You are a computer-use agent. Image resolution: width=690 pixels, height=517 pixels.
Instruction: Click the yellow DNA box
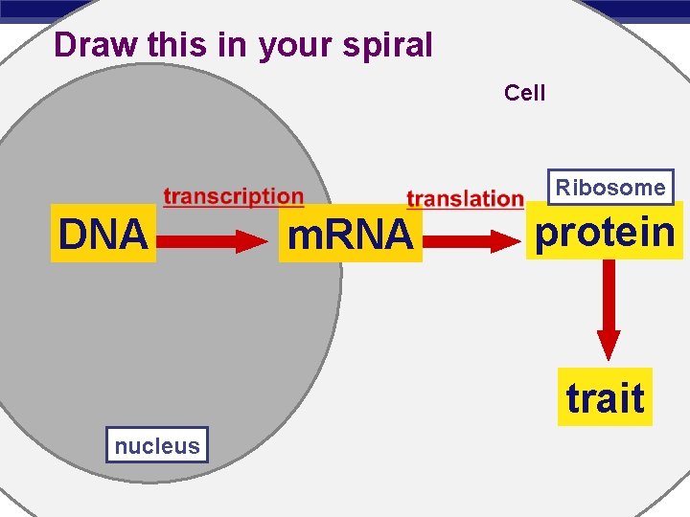(x=103, y=234)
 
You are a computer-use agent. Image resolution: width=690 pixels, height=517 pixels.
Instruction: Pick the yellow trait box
(x=605, y=397)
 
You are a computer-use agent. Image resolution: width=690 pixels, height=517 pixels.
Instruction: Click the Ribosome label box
(x=610, y=188)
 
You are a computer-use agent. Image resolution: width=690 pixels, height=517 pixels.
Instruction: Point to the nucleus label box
(x=157, y=445)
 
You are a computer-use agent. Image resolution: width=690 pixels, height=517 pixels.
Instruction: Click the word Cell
(x=524, y=93)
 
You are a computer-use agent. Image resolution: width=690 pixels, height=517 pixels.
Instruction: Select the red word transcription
(x=233, y=197)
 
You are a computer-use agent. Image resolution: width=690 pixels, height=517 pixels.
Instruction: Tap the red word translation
(x=465, y=199)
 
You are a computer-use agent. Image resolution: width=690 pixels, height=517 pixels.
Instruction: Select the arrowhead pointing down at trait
(x=609, y=344)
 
